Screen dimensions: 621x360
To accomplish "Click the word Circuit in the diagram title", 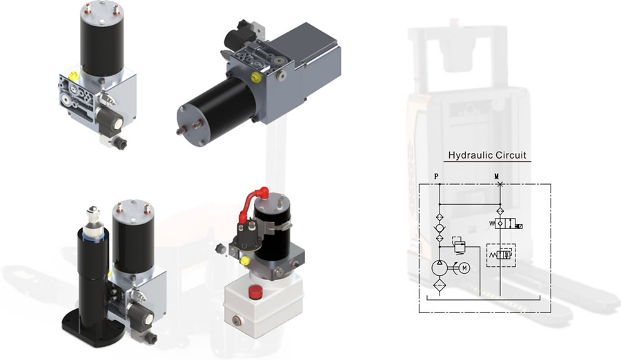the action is (x=510, y=155).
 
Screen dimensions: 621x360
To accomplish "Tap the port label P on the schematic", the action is (x=436, y=177).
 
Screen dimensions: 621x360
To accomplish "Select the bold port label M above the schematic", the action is (x=497, y=177).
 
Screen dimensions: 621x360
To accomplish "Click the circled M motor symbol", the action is (x=464, y=268).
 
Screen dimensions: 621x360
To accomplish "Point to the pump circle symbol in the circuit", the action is (x=440, y=268).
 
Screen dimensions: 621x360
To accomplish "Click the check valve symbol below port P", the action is (x=440, y=228).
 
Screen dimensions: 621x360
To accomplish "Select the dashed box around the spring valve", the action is (x=501, y=255).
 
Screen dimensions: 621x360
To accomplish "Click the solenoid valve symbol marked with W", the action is (x=506, y=223).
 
